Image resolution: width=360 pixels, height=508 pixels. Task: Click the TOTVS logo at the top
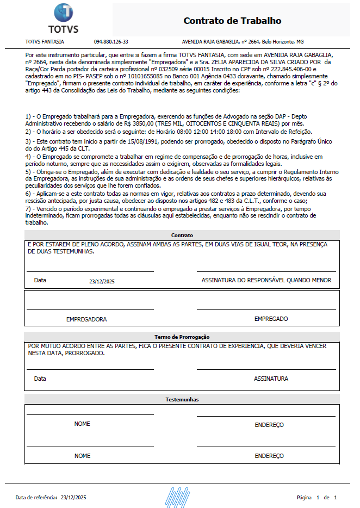[63, 18]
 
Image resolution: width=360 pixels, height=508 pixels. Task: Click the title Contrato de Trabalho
[232, 21]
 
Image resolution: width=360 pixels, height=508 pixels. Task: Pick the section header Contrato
[182, 235]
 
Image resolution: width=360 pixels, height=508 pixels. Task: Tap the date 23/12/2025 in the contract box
[102, 281]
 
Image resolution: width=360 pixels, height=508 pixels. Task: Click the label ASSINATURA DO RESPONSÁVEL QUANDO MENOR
[266, 281]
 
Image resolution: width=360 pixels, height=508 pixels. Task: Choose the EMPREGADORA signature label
[86, 319]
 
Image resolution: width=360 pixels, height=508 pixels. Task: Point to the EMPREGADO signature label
[271, 319]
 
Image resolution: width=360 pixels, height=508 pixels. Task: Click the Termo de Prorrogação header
[182, 337]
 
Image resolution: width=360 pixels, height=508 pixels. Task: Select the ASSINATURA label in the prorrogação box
[271, 379]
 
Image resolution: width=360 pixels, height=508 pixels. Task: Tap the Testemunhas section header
[182, 400]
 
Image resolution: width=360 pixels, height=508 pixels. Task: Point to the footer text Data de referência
[36, 498]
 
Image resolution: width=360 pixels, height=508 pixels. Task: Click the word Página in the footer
[304, 498]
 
